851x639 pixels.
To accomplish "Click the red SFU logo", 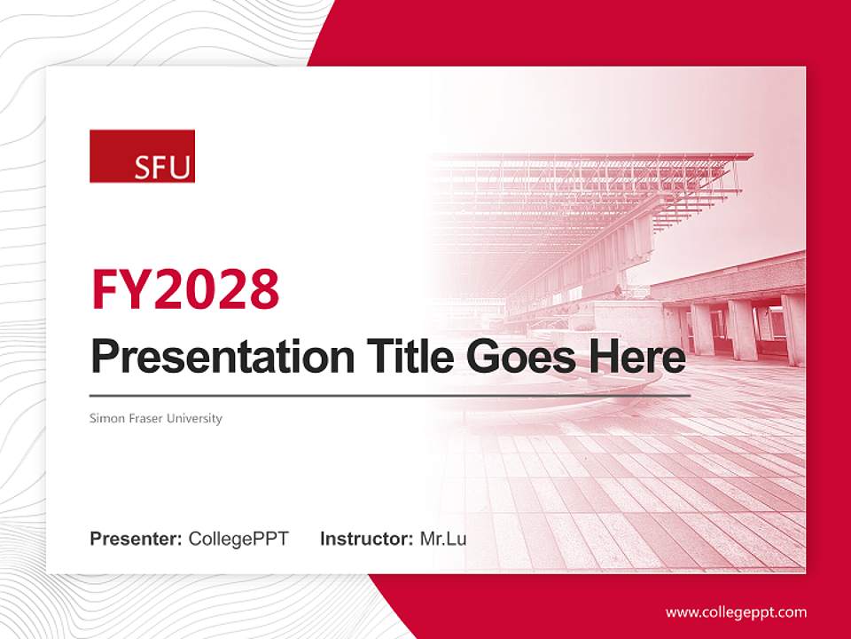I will (142, 156).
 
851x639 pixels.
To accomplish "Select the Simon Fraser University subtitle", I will (155, 418).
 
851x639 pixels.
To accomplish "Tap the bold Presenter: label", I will (137, 539).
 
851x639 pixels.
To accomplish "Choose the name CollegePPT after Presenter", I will (238, 539).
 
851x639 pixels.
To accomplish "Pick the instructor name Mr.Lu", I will (443, 539).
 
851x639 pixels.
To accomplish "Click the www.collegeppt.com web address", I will (736, 611).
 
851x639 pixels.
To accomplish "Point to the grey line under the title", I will (390, 395).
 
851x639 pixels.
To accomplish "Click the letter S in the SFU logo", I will (144, 168).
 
